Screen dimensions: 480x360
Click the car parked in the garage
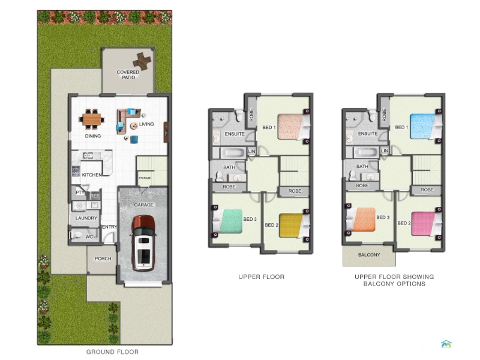click(x=143, y=243)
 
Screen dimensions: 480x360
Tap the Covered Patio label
click(x=128, y=74)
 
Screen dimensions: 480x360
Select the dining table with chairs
click(x=92, y=119)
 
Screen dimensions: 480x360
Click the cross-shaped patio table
click(x=142, y=61)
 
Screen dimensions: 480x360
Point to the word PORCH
click(x=103, y=259)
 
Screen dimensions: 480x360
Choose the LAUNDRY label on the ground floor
click(x=86, y=218)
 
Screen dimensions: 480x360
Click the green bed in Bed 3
click(x=228, y=221)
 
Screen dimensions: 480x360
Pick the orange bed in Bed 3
click(x=361, y=220)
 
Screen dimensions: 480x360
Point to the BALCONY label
click(x=369, y=254)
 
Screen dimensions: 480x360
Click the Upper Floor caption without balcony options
click(x=262, y=277)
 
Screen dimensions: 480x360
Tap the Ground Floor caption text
click(x=112, y=352)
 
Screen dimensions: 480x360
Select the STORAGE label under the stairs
click(x=145, y=178)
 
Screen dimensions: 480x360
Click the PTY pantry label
click(x=80, y=193)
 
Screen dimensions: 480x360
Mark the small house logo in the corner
click(x=446, y=344)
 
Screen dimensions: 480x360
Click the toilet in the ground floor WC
click(x=76, y=235)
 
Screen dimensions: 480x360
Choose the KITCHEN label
click(x=92, y=175)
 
